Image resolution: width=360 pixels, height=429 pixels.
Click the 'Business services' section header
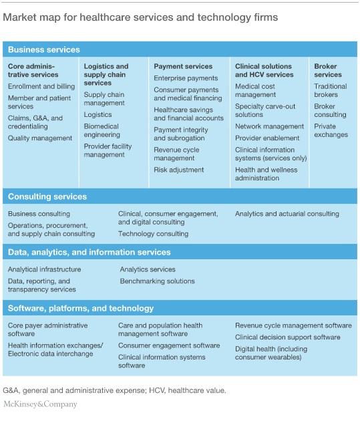click(x=44, y=49)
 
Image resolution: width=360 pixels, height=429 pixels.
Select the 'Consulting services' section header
click(x=47, y=197)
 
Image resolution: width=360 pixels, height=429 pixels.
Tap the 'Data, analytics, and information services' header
click(x=89, y=253)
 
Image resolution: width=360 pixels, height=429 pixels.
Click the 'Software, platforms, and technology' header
click(x=81, y=308)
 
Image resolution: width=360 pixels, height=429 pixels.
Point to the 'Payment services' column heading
click(x=183, y=67)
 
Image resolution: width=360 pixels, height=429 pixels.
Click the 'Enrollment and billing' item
click(x=41, y=86)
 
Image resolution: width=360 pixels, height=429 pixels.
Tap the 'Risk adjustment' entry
click(x=179, y=170)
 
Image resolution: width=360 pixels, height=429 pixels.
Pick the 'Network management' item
click(x=269, y=126)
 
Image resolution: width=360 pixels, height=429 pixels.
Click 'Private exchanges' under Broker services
click(x=331, y=130)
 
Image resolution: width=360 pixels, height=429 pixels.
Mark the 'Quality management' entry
click(x=40, y=138)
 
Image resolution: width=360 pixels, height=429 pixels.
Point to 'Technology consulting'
click(x=153, y=234)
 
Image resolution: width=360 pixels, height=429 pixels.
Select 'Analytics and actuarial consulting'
click(x=287, y=214)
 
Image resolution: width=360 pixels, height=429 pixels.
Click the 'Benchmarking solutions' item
click(x=157, y=281)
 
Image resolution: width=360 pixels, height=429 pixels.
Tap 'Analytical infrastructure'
click(x=44, y=269)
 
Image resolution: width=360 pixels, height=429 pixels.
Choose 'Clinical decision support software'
click(x=288, y=337)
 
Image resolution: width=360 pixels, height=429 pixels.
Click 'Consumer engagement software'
click(x=169, y=345)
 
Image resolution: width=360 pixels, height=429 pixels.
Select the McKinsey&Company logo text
click(x=40, y=404)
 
